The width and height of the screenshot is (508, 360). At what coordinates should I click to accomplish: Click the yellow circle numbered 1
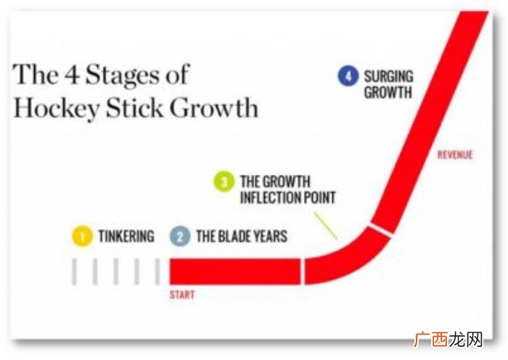pos(82,236)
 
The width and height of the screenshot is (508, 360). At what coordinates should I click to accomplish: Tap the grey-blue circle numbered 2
pos(180,236)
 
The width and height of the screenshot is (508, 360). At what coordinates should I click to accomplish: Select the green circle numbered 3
pos(224,181)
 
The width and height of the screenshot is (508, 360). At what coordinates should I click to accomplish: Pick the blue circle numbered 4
pos(348,75)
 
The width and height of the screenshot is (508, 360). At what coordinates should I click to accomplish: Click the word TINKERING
pos(126,236)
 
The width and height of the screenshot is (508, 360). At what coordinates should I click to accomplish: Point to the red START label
pos(182,295)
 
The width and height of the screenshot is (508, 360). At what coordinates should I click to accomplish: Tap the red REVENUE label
pos(455,155)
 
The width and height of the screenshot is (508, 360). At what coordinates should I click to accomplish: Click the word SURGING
pos(389,76)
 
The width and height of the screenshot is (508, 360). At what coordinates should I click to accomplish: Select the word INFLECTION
pos(266,197)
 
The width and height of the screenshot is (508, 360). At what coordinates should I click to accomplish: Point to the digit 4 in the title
pos(72,74)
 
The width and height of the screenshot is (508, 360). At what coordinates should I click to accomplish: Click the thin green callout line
pos(326,226)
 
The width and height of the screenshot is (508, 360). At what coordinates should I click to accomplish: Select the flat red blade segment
pos(235,271)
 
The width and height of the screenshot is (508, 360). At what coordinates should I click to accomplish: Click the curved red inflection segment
pos(347,260)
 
